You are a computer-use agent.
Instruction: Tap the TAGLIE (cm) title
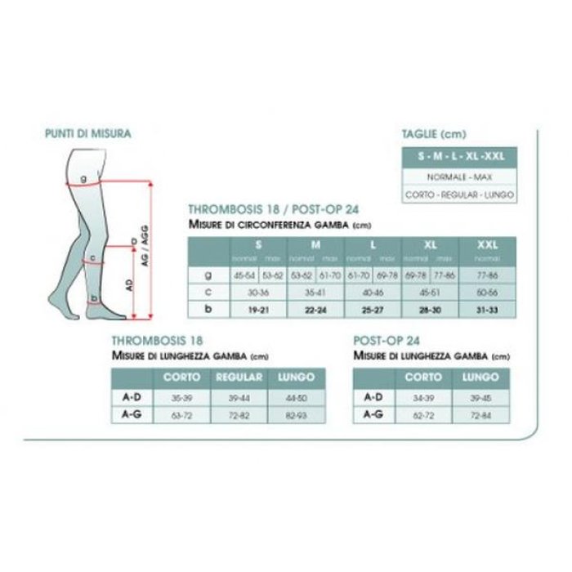(x=434, y=133)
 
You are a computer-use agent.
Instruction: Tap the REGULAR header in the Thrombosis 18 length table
(x=238, y=378)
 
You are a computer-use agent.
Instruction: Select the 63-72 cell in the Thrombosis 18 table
(x=182, y=416)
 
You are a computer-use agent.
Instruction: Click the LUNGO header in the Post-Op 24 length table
(x=480, y=378)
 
